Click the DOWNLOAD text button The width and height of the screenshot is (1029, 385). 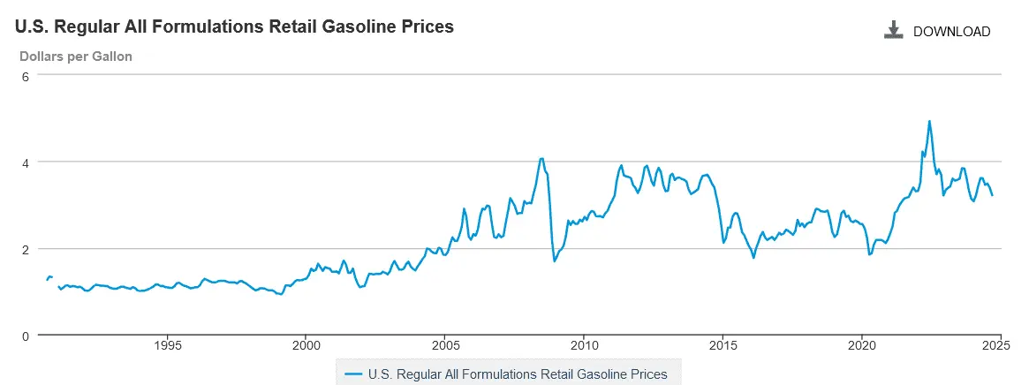[951, 32]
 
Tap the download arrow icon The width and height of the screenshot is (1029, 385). [894, 31]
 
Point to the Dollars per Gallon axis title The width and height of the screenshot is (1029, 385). [76, 57]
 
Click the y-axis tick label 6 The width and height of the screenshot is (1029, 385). [26, 76]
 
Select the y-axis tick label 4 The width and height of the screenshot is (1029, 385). [26, 162]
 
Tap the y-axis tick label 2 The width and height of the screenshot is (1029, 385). [26, 249]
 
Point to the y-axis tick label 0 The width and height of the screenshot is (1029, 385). [26, 336]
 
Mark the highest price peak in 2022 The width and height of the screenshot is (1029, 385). [929, 122]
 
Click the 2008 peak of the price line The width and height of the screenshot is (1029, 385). [541, 159]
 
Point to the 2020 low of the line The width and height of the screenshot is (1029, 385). [869, 254]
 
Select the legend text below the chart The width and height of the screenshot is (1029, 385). [518, 374]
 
